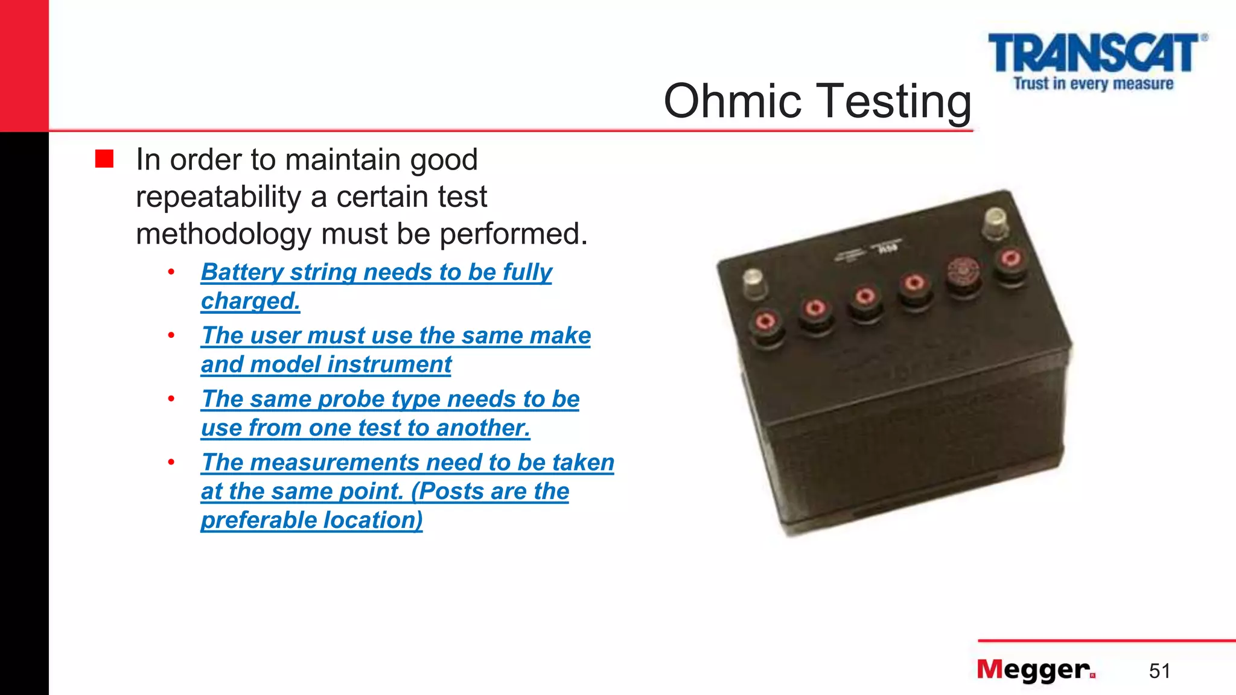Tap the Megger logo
[1036, 670]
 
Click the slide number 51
[1159, 671]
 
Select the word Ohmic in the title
[732, 101]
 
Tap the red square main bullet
[104, 159]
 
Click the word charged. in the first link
[250, 301]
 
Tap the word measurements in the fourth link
[334, 462]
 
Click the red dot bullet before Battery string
[171, 272]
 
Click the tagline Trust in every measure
[1093, 83]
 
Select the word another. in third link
[483, 428]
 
